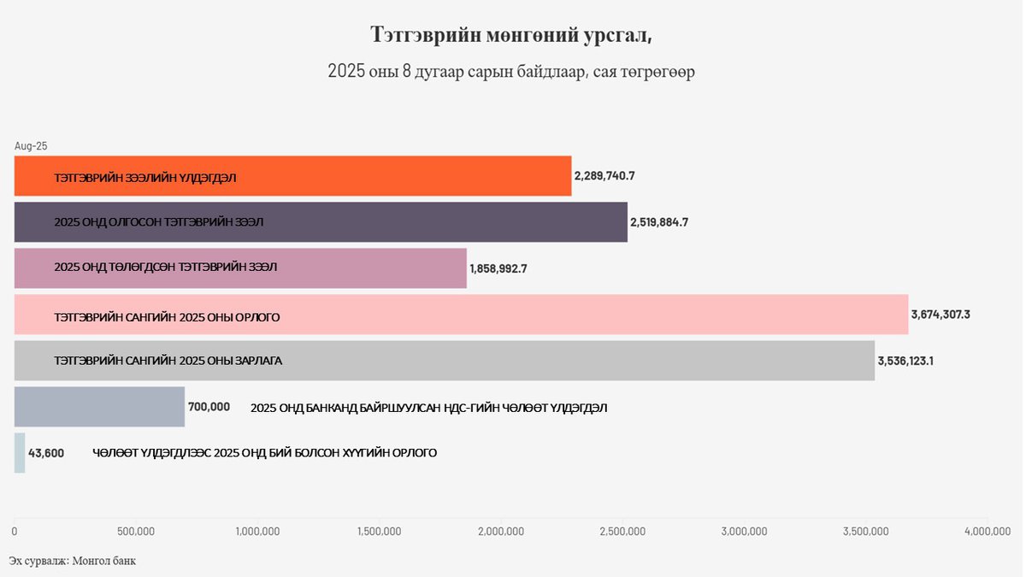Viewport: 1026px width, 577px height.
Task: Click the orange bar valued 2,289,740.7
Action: coord(385,176)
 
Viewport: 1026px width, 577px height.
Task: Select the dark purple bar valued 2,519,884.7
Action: coord(427,222)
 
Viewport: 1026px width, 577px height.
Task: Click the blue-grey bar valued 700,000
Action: coord(99,407)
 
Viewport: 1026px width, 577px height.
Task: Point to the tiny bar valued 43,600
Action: coord(20,452)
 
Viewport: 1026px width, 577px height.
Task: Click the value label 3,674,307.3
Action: coord(940,315)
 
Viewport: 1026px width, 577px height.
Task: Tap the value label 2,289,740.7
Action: coord(604,176)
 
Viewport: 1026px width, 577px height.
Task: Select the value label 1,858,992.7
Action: coord(498,268)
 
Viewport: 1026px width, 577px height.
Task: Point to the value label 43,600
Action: coord(46,453)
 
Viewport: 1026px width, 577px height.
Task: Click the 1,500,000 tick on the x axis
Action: coord(379,532)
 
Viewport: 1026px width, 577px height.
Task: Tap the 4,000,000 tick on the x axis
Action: coord(988,532)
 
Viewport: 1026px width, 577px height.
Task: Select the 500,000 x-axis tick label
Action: coord(136,532)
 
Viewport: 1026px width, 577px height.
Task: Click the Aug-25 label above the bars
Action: coord(31,146)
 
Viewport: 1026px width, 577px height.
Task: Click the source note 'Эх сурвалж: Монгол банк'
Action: coord(73,561)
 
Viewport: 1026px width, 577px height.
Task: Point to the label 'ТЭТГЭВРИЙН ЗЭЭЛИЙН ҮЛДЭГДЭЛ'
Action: coord(145,178)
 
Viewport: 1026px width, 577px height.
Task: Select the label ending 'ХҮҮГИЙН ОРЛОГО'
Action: coord(265,453)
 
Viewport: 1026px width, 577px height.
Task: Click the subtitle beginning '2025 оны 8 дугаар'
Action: coord(511,72)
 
